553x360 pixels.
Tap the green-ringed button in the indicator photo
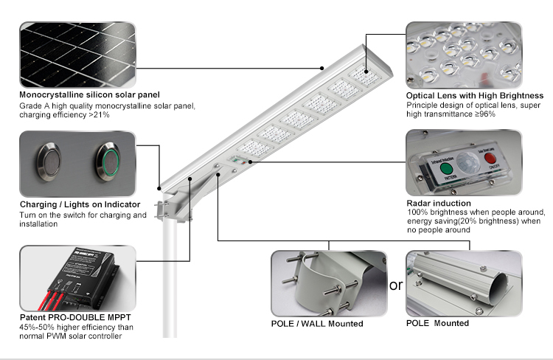tap(108, 161)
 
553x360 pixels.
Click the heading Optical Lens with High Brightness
tap(475, 96)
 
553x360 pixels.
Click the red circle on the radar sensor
tap(490, 160)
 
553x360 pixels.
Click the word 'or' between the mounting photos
tap(396, 285)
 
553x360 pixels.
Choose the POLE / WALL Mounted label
tap(317, 323)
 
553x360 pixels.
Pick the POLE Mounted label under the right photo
tap(437, 323)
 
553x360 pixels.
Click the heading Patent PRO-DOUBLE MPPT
tap(71, 319)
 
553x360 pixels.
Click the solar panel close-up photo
tap(77, 55)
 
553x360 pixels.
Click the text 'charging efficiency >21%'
tap(64, 115)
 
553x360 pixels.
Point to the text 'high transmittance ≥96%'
tap(450, 115)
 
